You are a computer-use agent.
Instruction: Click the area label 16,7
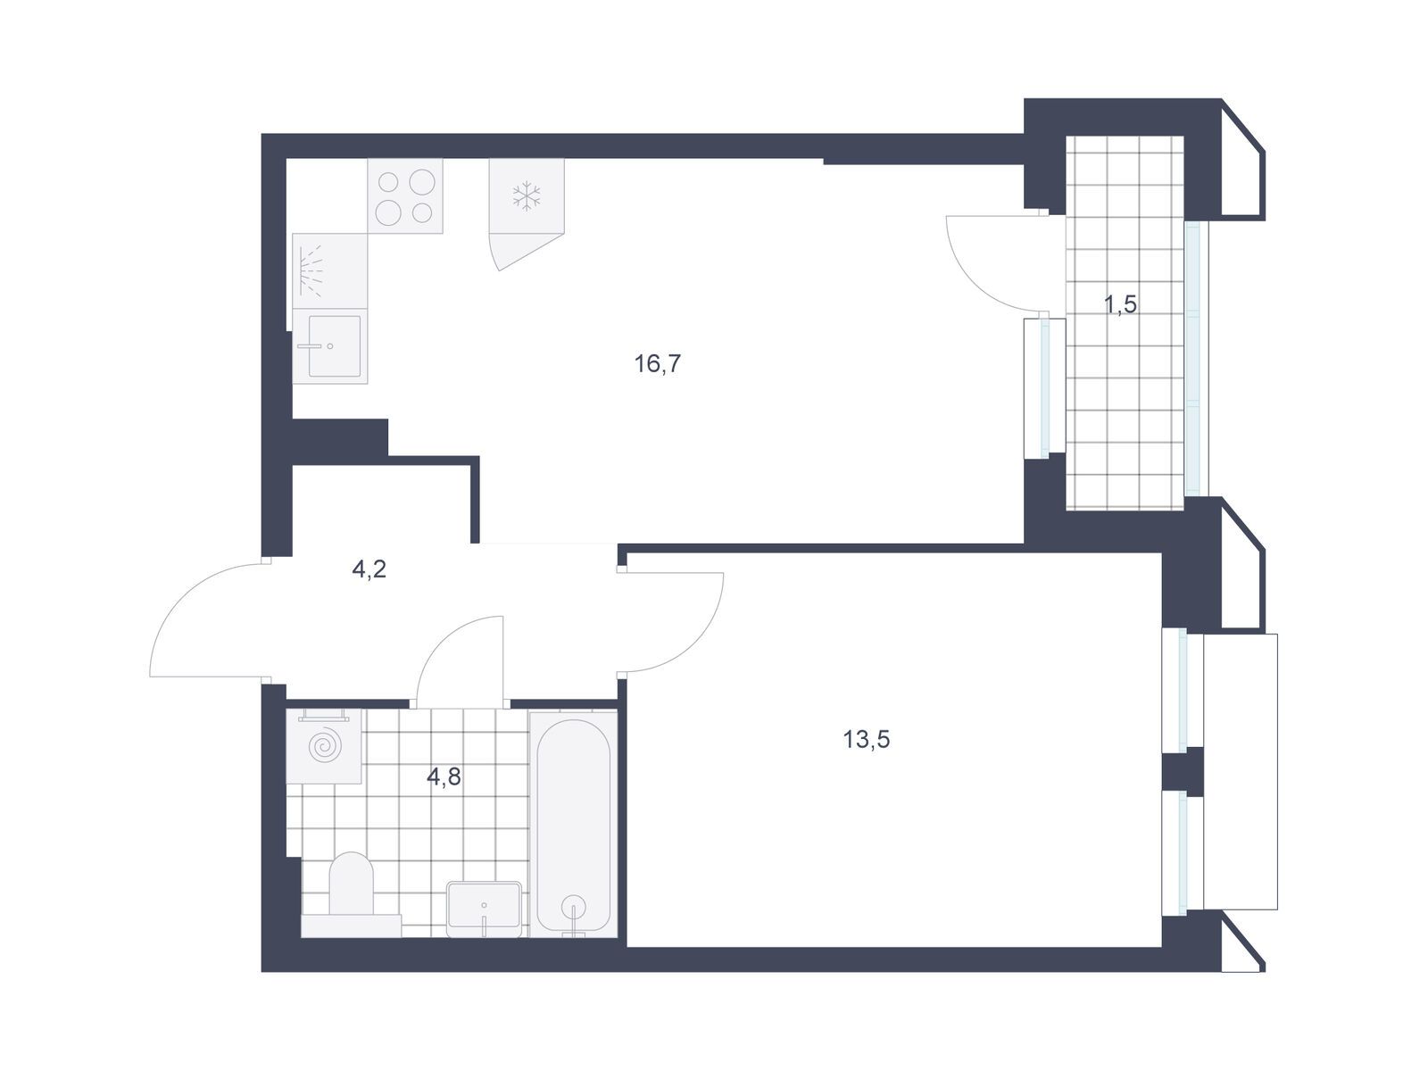[657, 364]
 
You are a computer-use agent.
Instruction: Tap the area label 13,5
[866, 739]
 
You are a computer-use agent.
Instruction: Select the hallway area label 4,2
[369, 569]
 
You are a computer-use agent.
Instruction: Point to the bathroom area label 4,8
[444, 776]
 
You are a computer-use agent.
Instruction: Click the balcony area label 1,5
[1120, 303]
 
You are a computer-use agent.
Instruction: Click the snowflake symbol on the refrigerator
[527, 196]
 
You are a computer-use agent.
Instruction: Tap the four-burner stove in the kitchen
[404, 195]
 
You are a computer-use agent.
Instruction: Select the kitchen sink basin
[335, 346]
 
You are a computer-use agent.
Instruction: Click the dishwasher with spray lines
[330, 271]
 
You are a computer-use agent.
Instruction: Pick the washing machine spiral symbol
[325, 748]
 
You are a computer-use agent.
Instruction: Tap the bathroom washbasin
[484, 908]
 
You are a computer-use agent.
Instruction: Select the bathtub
[573, 824]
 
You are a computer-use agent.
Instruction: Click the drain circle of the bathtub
[573, 906]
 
